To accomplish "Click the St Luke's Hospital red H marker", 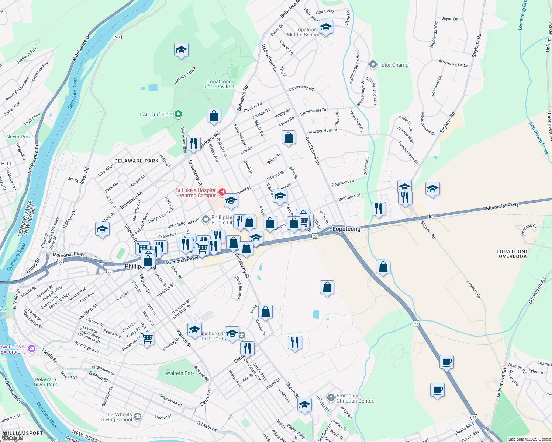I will [222, 192].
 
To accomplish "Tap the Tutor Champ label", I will [393, 65].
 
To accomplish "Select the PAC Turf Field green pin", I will [178, 114].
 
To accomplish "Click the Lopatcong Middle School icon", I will [325, 27].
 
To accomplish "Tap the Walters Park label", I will [180, 373].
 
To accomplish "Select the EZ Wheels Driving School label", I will [115, 417].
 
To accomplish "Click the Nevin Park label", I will [18, 137].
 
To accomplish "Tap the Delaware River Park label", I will [45, 382].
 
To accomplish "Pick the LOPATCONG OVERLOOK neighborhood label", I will [513, 254].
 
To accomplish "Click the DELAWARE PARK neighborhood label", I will [137, 161].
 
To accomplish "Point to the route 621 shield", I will [118, 37].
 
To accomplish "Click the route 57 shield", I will [431, 216].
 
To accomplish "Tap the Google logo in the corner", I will [13, 438].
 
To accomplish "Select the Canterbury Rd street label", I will [301, 88].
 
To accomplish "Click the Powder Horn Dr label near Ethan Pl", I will [323, 131].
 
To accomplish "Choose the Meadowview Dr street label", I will [453, 63].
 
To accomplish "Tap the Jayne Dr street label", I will [449, 19].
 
